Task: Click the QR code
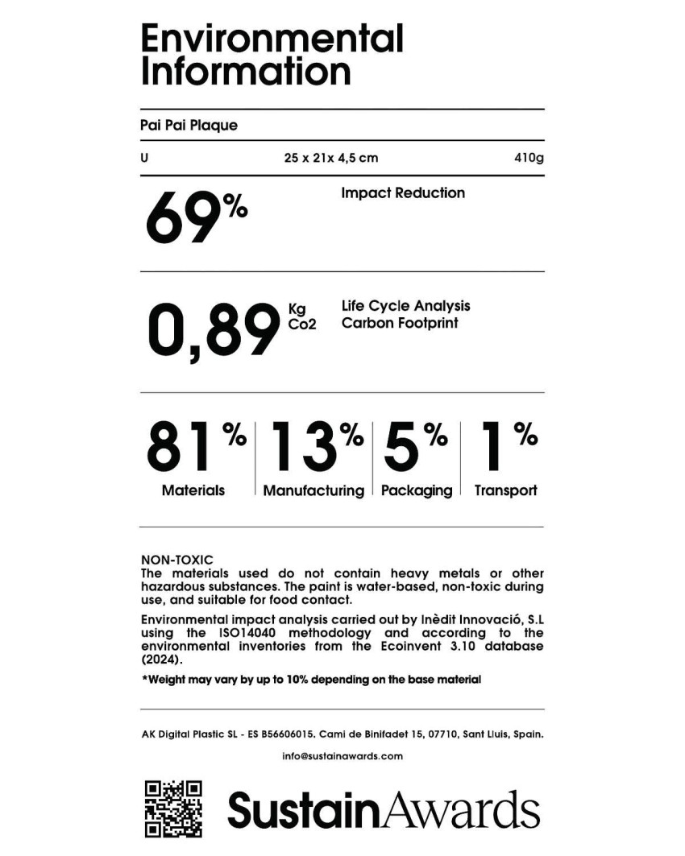point(172,808)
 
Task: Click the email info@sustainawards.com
point(342,756)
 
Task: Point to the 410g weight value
point(529,158)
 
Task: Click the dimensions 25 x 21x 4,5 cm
point(331,158)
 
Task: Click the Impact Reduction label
point(403,193)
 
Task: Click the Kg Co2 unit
point(301,316)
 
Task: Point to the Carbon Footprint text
point(400,323)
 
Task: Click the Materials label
point(193,490)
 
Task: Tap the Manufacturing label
point(313,490)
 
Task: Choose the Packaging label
point(417,490)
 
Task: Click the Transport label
point(505,490)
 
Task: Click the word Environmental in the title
point(272,38)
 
